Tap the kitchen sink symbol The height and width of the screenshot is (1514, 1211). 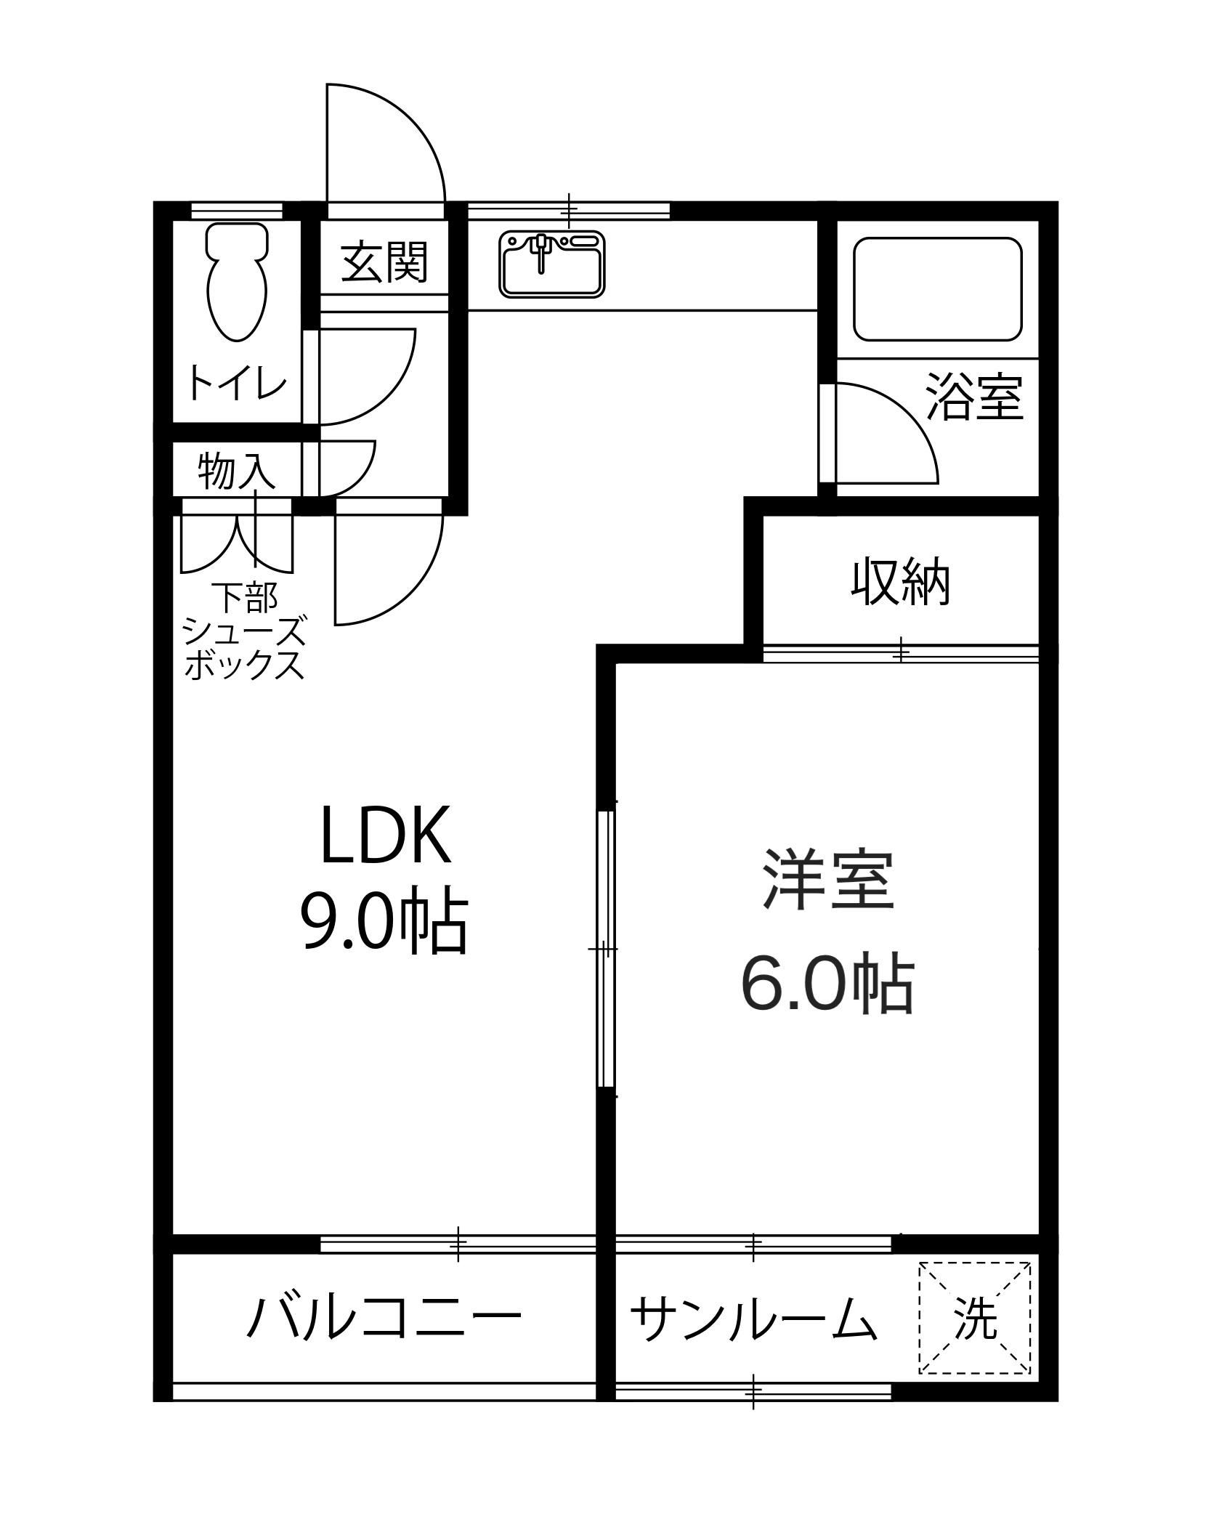tap(552, 264)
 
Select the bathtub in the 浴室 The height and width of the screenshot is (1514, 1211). tap(938, 289)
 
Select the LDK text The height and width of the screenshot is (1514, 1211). tap(385, 835)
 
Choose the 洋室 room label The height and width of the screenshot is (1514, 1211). tap(827, 881)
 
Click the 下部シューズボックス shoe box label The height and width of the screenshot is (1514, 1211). tap(243, 631)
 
